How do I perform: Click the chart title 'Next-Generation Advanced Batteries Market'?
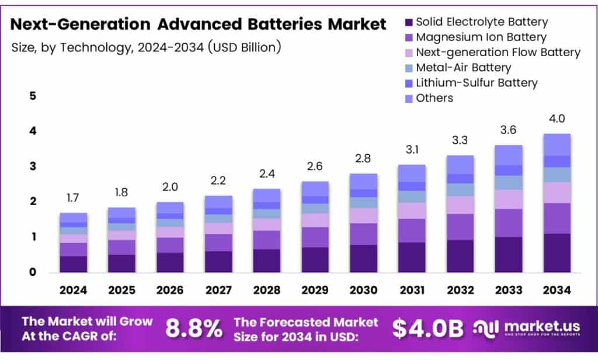(199, 25)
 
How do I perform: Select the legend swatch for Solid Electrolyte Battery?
(409, 22)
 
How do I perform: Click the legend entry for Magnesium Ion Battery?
(481, 37)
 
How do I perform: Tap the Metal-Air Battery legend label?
(463, 68)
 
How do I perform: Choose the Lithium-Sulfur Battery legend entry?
(476, 83)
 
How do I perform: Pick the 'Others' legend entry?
(434, 98)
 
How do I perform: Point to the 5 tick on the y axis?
(33, 96)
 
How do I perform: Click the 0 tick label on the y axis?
(33, 272)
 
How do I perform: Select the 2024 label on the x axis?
(73, 290)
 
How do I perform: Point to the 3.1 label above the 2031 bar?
(412, 150)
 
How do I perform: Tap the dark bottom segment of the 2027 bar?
(218, 261)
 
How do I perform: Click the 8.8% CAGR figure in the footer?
(194, 328)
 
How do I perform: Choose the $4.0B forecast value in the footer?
(427, 328)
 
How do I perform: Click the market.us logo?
(526, 328)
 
